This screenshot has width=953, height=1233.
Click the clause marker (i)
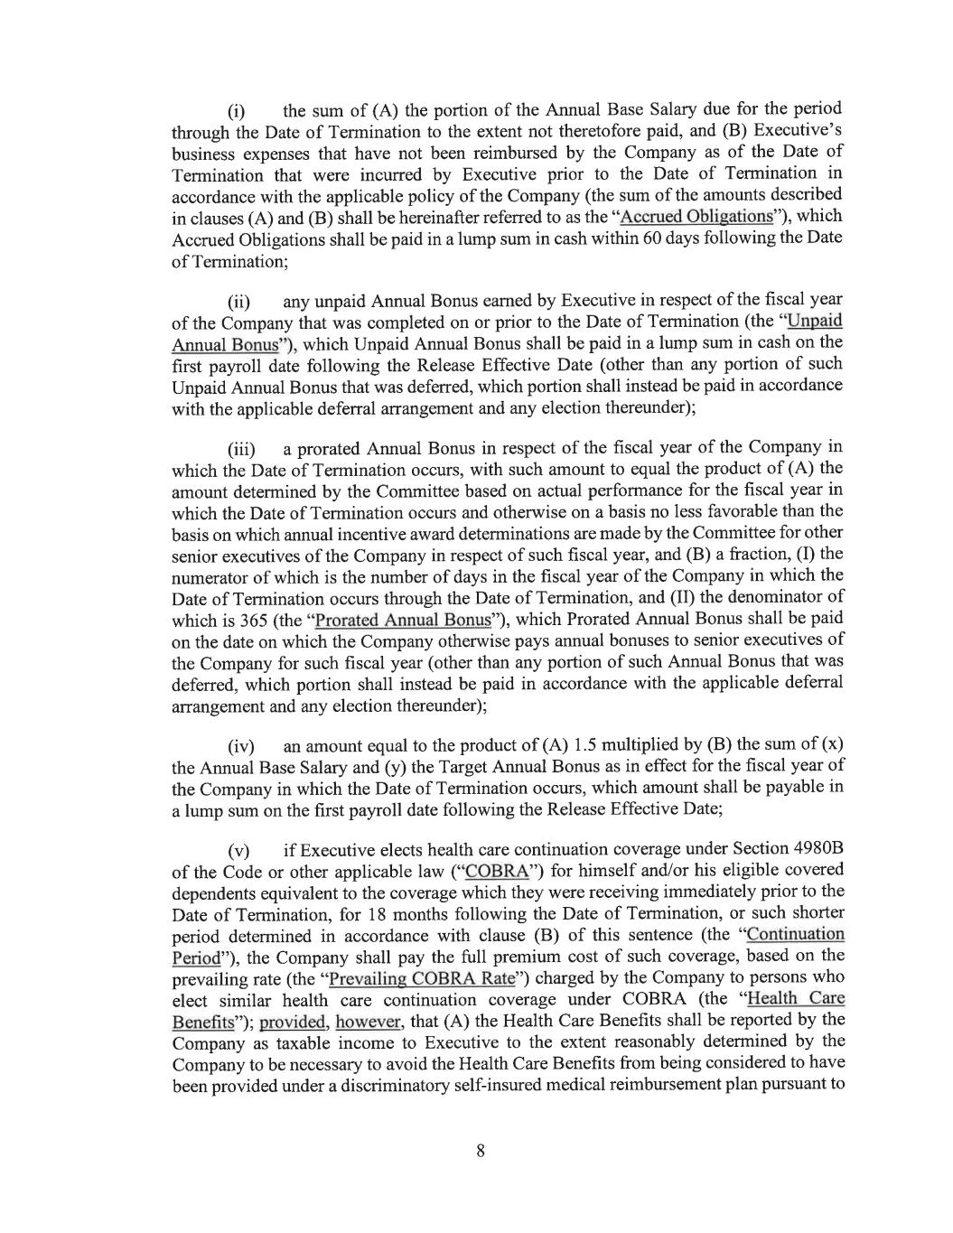click(236, 113)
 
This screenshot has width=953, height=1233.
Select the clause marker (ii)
click(238, 302)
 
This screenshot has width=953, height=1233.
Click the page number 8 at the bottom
click(481, 1151)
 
